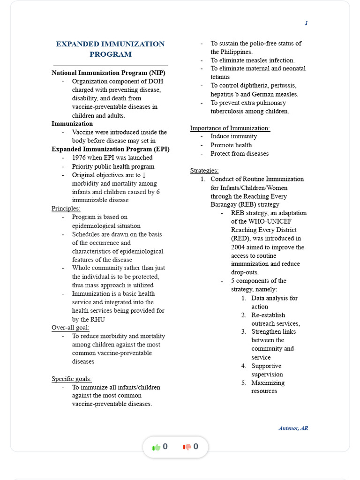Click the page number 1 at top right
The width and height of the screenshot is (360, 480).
306,23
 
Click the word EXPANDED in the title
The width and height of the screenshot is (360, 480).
77,44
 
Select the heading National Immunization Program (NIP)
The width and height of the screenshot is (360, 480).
108,73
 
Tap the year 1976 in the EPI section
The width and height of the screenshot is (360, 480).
80,158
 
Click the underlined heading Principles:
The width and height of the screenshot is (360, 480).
66,209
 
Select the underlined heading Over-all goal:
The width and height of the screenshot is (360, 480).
70,328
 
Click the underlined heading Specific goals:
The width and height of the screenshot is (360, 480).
72,379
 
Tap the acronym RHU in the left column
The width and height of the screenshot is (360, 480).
98,319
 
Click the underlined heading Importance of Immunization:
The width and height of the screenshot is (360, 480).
230,128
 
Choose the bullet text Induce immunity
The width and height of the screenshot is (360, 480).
233,136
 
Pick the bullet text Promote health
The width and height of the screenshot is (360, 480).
231,145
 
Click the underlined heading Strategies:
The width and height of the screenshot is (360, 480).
204,171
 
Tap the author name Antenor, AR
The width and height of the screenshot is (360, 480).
293,428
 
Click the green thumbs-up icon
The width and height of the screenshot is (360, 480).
156,447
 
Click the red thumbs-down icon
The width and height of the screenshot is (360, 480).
187,447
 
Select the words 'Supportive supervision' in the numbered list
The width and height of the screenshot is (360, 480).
267,370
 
